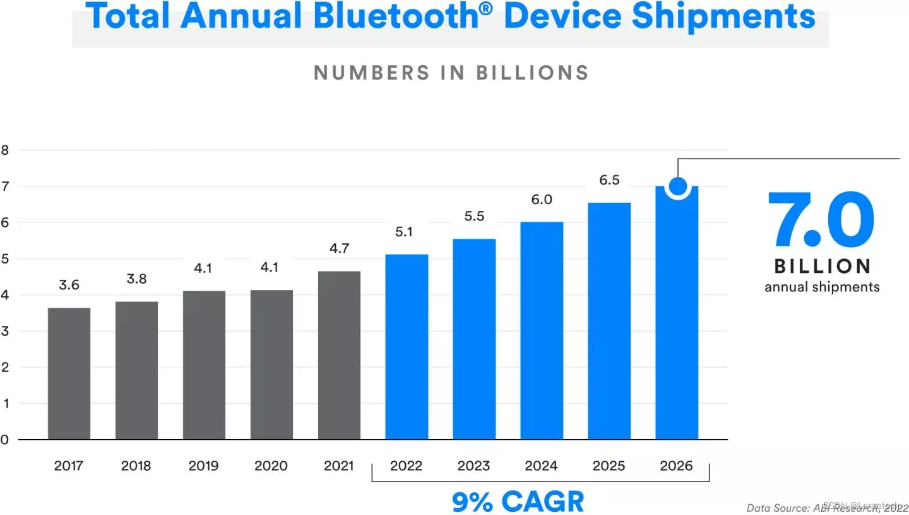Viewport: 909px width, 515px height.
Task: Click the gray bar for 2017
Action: pyautogui.click(x=69, y=373)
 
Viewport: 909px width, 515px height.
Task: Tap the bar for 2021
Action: pyautogui.click(x=339, y=355)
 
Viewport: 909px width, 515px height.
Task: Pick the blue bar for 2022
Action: pyautogui.click(x=407, y=347)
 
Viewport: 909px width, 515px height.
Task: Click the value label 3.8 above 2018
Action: pyautogui.click(x=136, y=279)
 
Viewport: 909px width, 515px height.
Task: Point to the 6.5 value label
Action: pyautogui.click(x=609, y=181)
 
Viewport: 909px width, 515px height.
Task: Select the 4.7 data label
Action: pyautogui.click(x=339, y=248)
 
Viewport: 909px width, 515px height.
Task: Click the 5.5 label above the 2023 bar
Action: pyautogui.click(x=474, y=216)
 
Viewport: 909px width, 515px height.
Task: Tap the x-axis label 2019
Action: pyautogui.click(x=203, y=466)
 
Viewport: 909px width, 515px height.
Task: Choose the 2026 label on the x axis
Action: pyautogui.click(x=676, y=466)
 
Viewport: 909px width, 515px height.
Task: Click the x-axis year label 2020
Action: pyautogui.click(x=271, y=466)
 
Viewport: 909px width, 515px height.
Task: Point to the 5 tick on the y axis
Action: pyautogui.click(x=5, y=259)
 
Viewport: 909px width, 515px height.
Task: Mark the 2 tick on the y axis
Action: pyautogui.click(x=5, y=368)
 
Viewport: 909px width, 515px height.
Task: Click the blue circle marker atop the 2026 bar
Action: pyautogui.click(x=677, y=186)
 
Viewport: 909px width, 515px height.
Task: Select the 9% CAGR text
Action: pyautogui.click(x=518, y=502)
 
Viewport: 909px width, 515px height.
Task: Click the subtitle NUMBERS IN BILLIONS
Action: pyautogui.click(x=451, y=73)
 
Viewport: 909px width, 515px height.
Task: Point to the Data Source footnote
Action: pyautogui.click(x=824, y=507)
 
